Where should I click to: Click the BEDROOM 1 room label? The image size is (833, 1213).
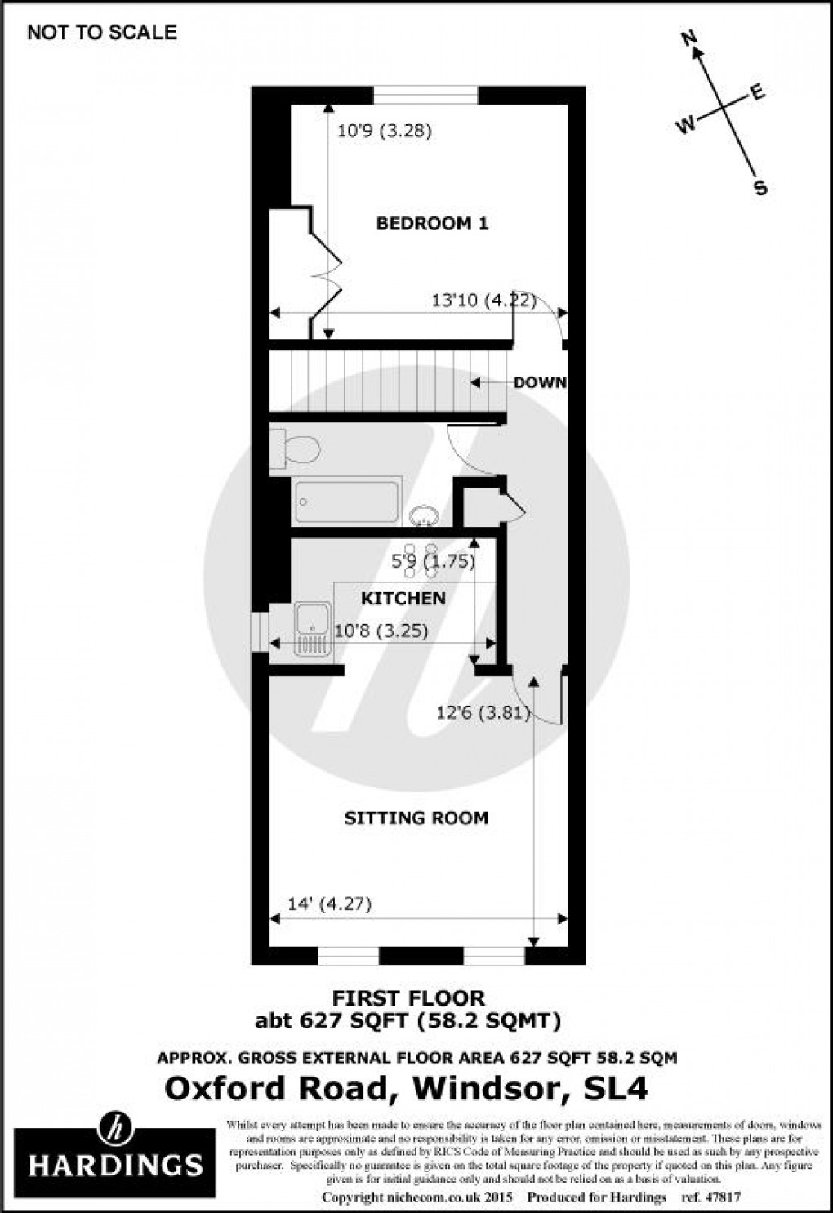click(x=431, y=223)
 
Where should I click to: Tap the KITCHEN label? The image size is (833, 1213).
click(x=403, y=599)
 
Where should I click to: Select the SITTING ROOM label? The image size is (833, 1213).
click(x=416, y=818)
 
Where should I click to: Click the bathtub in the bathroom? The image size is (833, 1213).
click(x=347, y=501)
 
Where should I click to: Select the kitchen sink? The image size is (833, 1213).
click(x=314, y=629)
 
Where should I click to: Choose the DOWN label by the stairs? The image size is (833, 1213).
click(x=539, y=382)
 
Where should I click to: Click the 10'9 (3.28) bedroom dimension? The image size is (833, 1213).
click(x=385, y=130)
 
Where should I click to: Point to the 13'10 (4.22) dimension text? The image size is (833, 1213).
click(x=483, y=301)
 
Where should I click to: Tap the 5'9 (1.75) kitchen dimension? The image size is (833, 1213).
click(x=434, y=562)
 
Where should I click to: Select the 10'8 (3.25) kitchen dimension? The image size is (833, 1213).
click(x=382, y=631)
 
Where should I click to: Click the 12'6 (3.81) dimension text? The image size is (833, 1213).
click(x=483, y=713)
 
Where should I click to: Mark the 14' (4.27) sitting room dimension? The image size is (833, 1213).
click(x=330, y=903)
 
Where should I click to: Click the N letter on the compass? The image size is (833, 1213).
click(x=689, y=37)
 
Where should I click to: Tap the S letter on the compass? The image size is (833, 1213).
click(x=760, y=189)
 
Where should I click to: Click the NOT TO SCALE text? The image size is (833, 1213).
click(x=101, y=32)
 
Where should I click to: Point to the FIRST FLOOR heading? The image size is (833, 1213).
click(x=408, y=997)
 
